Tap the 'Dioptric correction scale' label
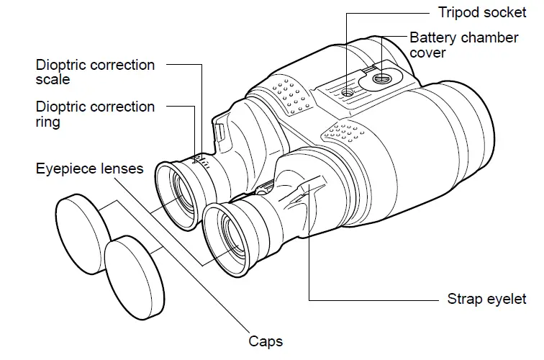pyautogui.click(x=95, y=72)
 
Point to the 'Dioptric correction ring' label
pyautogui.click(x=95, y=114)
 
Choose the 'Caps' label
pyautogui.click(x=266, y=341)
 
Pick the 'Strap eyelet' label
pyautogui.click(x=487, y=299)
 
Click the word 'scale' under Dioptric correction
pyautogui.click(x=53, y=80)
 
